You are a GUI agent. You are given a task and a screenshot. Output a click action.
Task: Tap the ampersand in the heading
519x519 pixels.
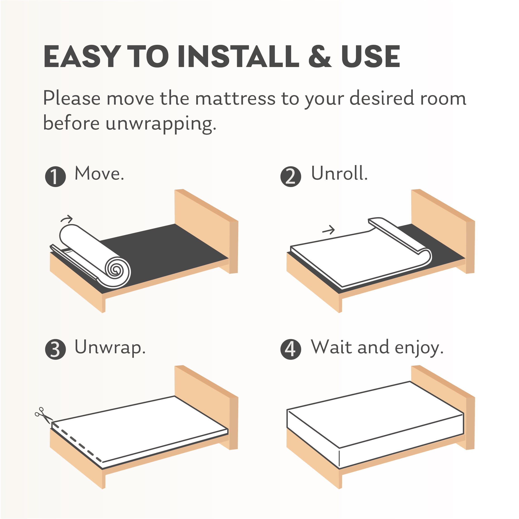tap(320, 56)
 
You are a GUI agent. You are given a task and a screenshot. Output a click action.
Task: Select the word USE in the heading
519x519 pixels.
tap(371, 56)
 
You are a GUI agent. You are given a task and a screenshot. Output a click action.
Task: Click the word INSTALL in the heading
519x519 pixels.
tap(238, 56)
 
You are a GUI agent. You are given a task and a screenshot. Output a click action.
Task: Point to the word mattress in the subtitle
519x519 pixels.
tap(235, 99)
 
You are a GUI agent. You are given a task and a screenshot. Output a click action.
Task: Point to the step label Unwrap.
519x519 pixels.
tap(110, 348)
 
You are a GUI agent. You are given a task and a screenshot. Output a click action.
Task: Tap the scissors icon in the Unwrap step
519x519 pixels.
tap(44, 415)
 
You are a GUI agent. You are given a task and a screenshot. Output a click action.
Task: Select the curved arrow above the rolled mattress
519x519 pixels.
tap(67, 219)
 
